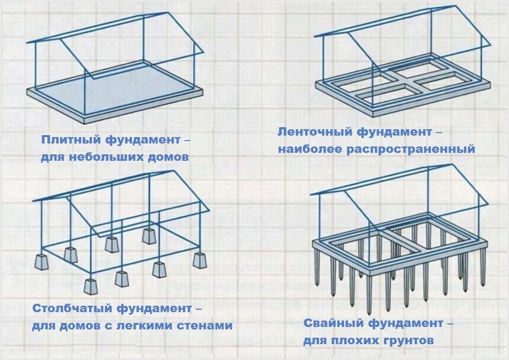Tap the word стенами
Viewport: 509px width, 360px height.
point(211,326)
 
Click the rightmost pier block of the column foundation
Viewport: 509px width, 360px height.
point(200,259)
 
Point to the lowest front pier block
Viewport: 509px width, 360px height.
point(91,287)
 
